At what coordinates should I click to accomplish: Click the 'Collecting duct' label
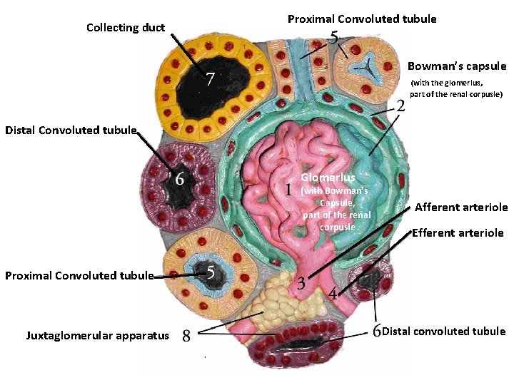(x=125, y=28)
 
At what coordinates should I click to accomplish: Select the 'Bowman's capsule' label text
(x=457, y=66)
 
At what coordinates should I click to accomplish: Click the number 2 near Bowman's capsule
(x=400, y=106)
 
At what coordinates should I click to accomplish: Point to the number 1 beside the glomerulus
(x=288, y=190)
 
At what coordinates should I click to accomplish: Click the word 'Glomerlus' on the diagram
(x=328, y=177)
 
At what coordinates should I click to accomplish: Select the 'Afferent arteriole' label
(x=461, y=207)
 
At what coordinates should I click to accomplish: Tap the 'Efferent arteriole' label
(x=458, y=233)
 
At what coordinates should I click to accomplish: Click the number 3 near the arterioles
(x=301, y=283)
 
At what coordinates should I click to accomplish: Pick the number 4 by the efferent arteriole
(x=333, y=293)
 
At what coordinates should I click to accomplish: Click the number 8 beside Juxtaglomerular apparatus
(x=186, y=335)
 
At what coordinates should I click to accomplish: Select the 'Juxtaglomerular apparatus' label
(x=98, y=335)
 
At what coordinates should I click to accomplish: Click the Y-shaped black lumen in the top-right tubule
(x=365, y=66)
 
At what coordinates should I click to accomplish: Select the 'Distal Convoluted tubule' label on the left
(x=71, y=130)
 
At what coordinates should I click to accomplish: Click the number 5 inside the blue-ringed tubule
(x=211, y=272)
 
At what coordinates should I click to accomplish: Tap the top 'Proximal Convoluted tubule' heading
(x=362, y=19)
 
